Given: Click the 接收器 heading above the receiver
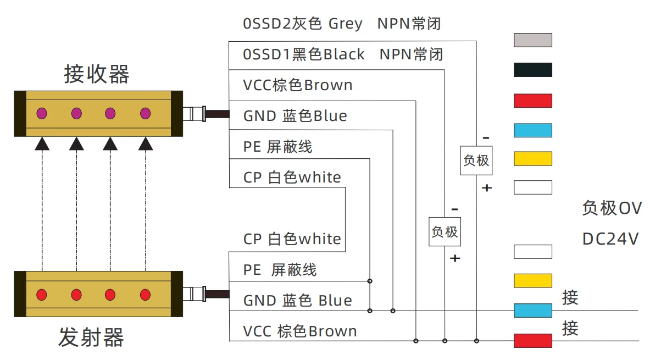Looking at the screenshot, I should pyautogui.click(x=97, y=74).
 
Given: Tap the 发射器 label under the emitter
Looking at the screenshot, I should pyautogui.click(x=91, y=337).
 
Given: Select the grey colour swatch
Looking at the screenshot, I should pyautogui.click(x=532, y=40).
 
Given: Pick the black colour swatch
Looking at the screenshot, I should pyautogui.click(x=532, y=70).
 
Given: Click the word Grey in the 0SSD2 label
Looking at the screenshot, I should pyautogui.click(x=345, y=24).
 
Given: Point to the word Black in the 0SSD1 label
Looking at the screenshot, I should pyautogui.click(x=344, y=54).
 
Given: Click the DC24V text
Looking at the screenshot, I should pyautogui.click(x=610, y=240).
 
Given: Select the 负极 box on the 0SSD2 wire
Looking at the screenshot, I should pyautogui.click(x=476, y=160).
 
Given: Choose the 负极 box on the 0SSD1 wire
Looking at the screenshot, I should pyautogui.click(x=445, y=231).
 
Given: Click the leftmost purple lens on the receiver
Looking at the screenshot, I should pyautogui.click(x=42, y=114).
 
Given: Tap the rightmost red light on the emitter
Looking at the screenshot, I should pyautogui.click(x=145, y=294).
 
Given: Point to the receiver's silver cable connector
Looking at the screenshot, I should pyautogui.click(x=194, y=114).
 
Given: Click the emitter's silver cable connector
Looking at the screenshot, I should pyautogui.click(x=194, y=293).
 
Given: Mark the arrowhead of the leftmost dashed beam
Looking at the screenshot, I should pyautogui.click(x=42, y=144).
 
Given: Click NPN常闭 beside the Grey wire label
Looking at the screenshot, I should pyautogui.click(x=409, y=24).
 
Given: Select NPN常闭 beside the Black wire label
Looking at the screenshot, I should pyautogui.click(x=411, y=54).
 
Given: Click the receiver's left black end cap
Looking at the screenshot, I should pyautogui.click(x=20, y=114).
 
